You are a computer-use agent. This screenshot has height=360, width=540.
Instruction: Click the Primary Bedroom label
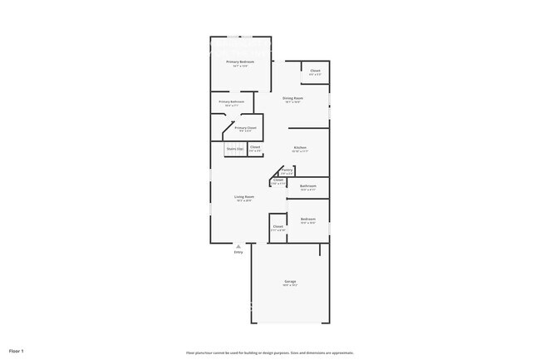point(241,62)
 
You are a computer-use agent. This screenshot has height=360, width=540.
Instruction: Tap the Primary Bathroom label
point(232,101)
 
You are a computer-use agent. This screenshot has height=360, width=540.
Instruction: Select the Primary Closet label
point(246,127)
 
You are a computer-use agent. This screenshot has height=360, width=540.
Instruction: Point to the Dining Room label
point(292,98)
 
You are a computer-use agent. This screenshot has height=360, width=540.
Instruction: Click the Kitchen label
point(300,147)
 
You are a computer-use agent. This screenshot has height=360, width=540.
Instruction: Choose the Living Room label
point(243,196)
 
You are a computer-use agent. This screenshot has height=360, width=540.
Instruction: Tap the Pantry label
point(287,169)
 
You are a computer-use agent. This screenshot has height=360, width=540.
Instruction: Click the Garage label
point(291,282)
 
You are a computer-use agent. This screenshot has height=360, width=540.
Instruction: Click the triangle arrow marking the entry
point(238,246)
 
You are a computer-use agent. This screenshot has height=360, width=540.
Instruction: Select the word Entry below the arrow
point(238,253)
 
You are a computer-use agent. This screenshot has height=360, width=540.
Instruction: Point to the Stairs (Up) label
point(235,149)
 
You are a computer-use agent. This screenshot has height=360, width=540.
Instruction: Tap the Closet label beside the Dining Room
point(316,71)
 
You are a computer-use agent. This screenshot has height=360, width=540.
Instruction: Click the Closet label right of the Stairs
point(255,147)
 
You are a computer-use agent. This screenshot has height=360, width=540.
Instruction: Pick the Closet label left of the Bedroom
point(278,226)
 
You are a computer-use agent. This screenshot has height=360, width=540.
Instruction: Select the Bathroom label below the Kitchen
point(308,185)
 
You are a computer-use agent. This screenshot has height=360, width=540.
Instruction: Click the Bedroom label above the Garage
point(308,219)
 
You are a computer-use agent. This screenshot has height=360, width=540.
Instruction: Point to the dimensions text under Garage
point(291,286)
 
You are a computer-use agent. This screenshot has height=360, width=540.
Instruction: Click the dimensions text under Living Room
point(243,200)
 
